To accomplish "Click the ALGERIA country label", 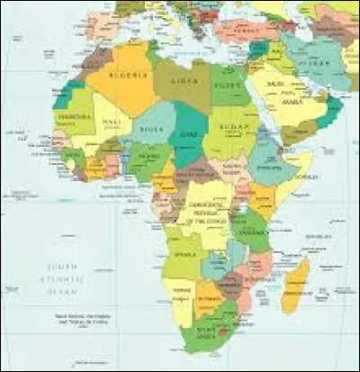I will [x=127, y=77].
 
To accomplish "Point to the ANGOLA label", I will [x=183, y=255].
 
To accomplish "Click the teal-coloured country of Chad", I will [x=189, y=131].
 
